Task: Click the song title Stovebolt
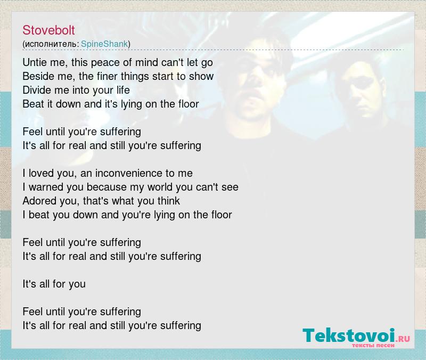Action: point(48,30)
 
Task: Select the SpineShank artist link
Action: point(104,44)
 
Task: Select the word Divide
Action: point(37,90)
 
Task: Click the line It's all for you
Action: point(54,284)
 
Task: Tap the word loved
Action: point(41,174)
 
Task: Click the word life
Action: point(123,90)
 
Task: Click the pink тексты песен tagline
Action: point(373,345)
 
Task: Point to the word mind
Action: point(147,62)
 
